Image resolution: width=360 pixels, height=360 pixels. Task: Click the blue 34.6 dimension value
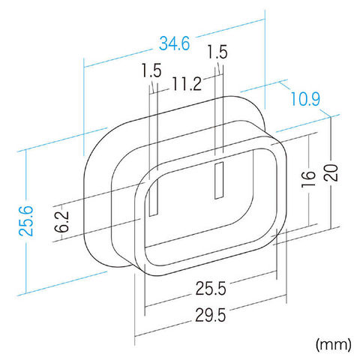(x=175, y=43)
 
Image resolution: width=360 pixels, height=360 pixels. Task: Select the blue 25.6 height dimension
(x=26, y=220)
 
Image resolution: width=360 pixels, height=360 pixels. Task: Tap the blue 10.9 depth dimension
(x=305, y=99)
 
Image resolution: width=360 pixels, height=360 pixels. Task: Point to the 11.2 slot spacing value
(x=187, y=84)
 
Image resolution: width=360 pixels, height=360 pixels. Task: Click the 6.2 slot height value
(x=61, y=221)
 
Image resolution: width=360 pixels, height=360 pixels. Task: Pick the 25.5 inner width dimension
(x=211, y=288)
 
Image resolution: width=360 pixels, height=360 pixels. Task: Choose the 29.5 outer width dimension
(x=211, y=315)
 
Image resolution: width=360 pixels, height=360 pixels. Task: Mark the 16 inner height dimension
(x=308, y=179)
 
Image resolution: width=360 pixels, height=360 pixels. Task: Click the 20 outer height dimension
(x=331, y=172)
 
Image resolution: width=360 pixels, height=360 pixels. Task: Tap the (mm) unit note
(x=334, y=345)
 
